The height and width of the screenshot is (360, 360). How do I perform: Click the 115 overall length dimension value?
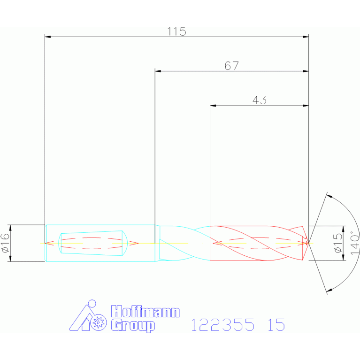pos(176,31)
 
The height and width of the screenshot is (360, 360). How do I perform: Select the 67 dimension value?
pos(232,66)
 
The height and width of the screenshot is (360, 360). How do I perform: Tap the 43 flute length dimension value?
pos(260,100)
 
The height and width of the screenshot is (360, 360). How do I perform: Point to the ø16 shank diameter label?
pos(5,243)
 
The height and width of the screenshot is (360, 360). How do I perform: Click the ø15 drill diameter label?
pos(338,243)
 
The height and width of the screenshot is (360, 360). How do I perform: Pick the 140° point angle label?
pos(355,243)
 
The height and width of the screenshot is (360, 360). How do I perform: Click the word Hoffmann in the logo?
pos(145,312)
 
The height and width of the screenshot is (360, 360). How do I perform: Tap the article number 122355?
pos(222,325)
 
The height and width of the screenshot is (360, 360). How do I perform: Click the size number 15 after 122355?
pos(276,325)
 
